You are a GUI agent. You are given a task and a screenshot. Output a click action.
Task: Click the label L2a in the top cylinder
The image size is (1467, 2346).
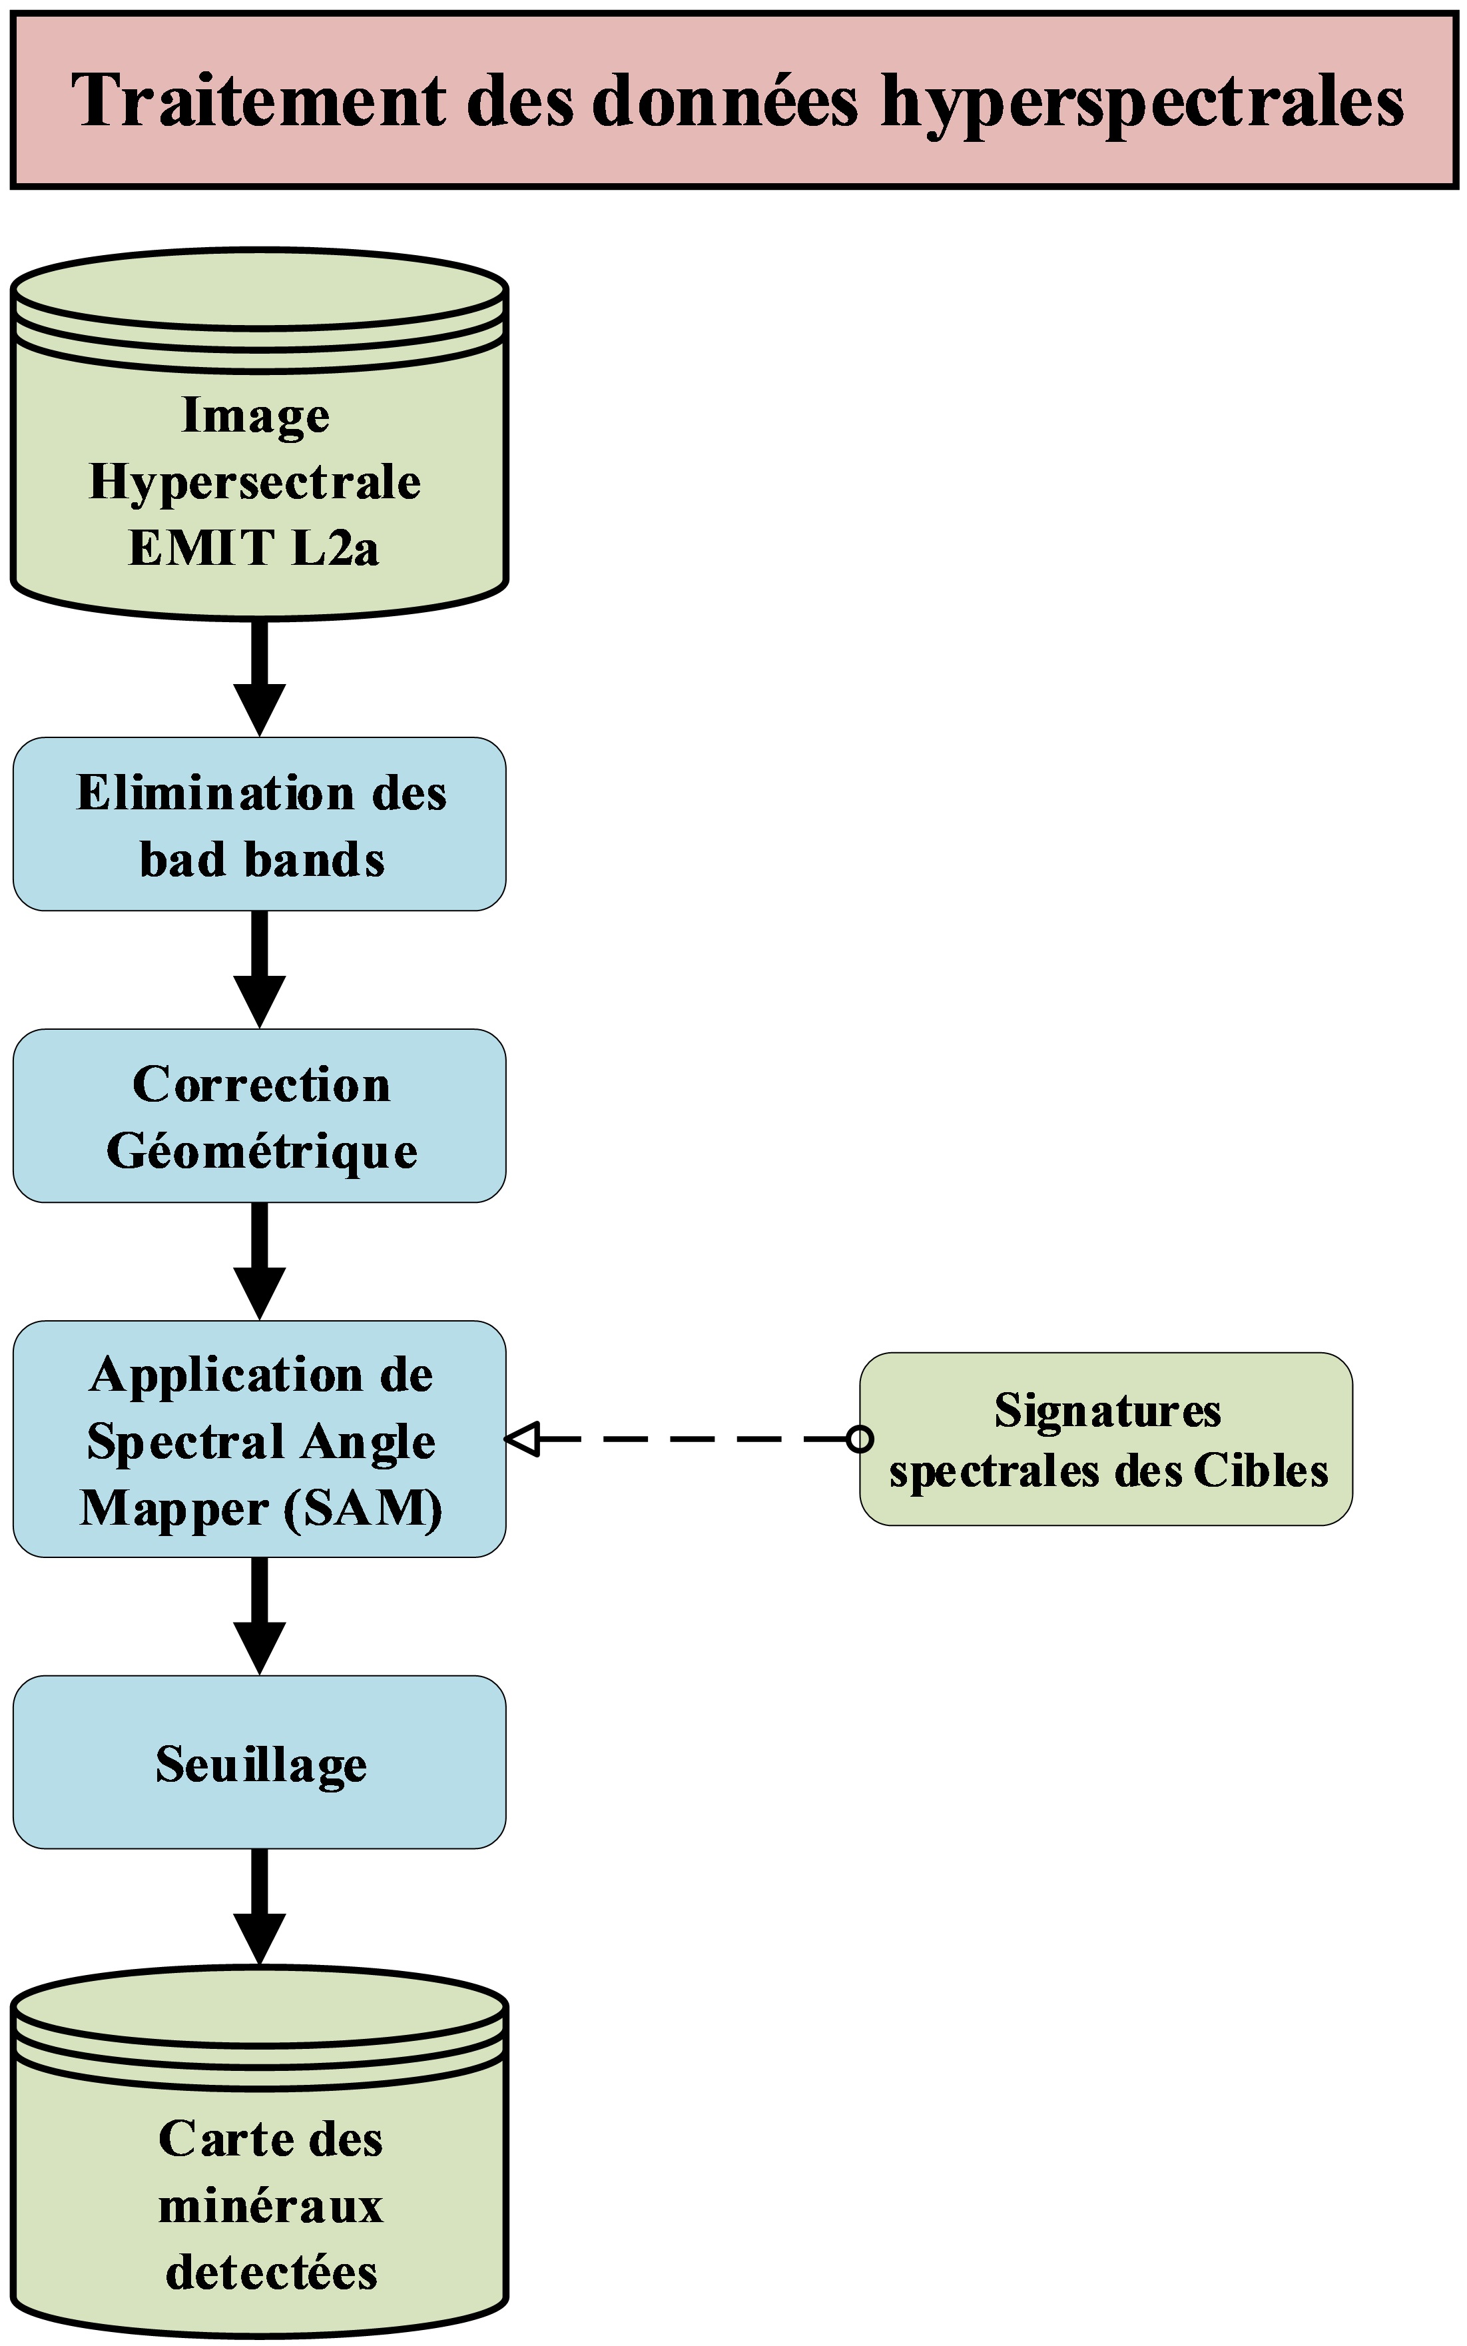335,548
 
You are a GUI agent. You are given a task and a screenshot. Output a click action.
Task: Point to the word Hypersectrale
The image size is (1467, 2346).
255,482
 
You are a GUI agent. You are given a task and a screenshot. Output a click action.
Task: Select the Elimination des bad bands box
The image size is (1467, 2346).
259,824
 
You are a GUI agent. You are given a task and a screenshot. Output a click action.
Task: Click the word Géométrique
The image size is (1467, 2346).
262,1152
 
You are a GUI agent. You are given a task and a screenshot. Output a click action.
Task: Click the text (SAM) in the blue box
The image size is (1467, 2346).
364,1508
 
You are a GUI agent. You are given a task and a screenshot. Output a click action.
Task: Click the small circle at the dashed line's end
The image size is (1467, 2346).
860,1439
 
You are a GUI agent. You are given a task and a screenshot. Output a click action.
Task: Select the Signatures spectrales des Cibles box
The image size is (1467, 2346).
1106,1439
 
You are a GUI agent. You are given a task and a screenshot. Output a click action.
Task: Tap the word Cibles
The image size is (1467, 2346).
1261,1471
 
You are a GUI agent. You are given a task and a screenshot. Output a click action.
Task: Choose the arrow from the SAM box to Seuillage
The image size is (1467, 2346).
260,1615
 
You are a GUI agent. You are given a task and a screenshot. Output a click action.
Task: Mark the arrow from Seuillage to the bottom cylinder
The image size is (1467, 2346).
260,1906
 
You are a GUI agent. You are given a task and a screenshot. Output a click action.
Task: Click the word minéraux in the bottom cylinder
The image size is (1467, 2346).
271,2206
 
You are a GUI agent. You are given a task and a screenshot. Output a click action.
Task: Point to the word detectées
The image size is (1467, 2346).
271,2272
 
